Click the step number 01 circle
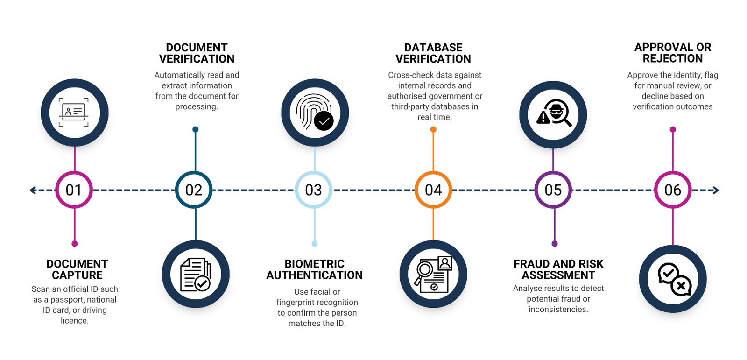point(74,190)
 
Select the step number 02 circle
point(194,190)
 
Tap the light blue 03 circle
point(313,190)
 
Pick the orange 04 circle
point(433,190)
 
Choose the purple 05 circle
point(553,190)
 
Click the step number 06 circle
point(673,190)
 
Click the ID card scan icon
point(74,113)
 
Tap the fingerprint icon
point(315,113)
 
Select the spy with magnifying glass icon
point(553,114)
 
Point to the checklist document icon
point(196,275)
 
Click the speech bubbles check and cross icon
point(673,279)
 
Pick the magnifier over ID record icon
point(433,275)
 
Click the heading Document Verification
point(197,53)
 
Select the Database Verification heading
point(433,53)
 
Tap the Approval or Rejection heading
point(673,53)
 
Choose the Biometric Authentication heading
point(315,269)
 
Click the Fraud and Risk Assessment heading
point(558,269)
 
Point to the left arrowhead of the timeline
point(33,190)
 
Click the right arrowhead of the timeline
point(716,190)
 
